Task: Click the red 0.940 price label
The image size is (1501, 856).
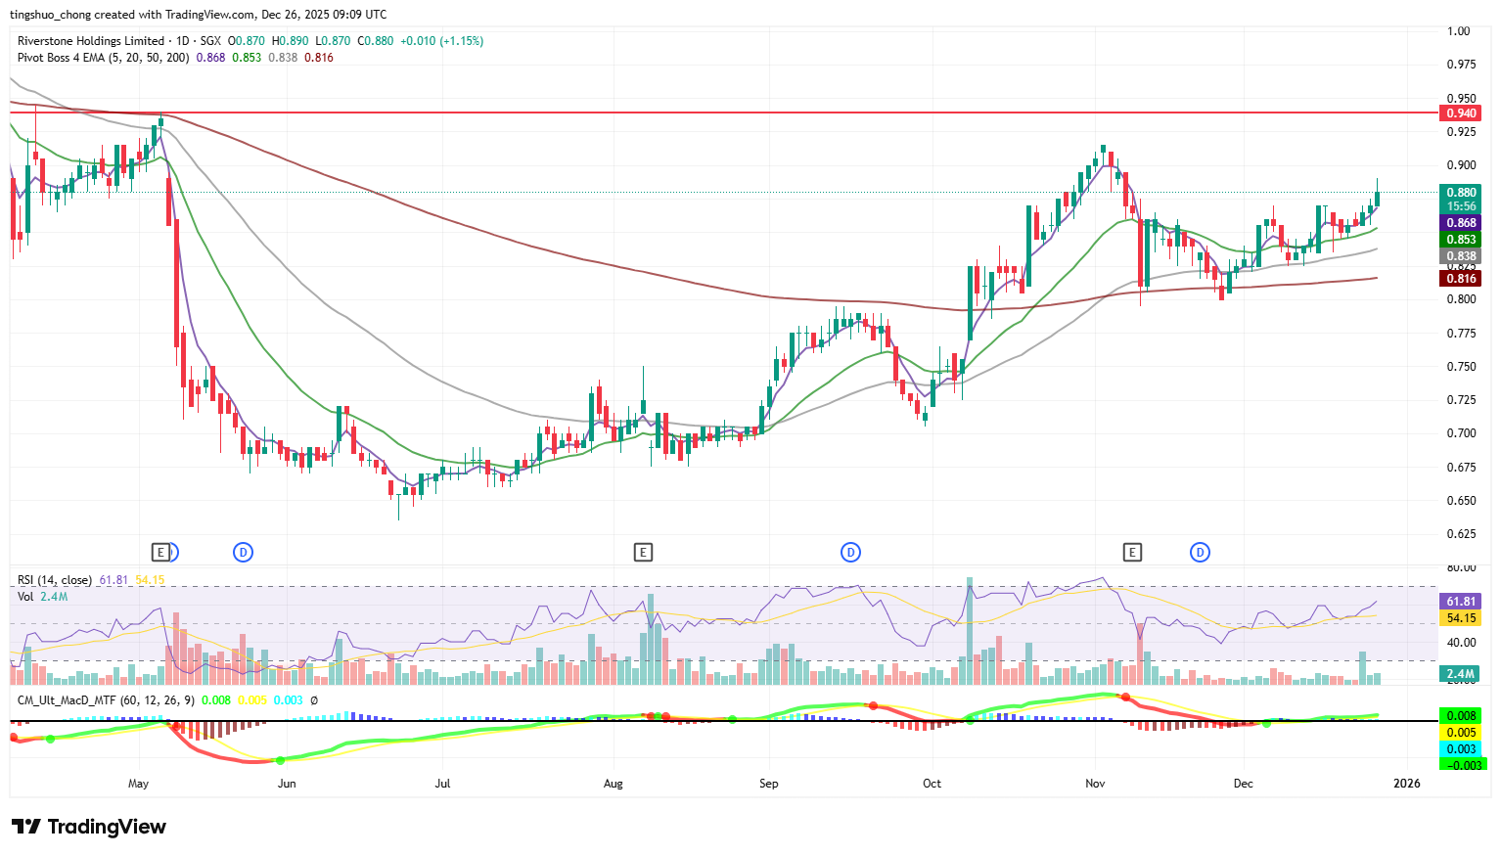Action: tap(1461, 113)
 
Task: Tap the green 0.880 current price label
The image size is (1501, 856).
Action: tap(1461, 193)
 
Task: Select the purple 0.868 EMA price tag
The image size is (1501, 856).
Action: tap(1461, 223)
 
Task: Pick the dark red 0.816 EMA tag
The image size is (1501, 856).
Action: tap(1461, 279)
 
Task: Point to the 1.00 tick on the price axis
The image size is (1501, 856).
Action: tap(1459, 31)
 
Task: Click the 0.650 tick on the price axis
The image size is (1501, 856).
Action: tap(1461, 501)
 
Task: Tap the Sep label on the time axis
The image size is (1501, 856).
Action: tap(769, 784)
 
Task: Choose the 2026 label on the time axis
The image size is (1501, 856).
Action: tap(1406, 784)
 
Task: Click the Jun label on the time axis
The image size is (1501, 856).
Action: tap(287, 784)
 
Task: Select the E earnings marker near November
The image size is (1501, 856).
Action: tap(1132, 553)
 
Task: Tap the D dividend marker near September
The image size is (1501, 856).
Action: tap(850, 553)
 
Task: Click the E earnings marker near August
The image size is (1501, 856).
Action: tap(643, 553)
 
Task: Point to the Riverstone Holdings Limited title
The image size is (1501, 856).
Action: tap(91, 41)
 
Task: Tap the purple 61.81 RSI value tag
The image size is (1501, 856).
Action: tap(1461, 602)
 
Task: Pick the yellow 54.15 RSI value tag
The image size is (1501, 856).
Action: tap(1461, 618)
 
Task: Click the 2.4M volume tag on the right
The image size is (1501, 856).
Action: tap(1461, 674)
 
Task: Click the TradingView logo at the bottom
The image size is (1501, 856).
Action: tap(88, 828)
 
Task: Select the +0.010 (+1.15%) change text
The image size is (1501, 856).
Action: tap(441, 41)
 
